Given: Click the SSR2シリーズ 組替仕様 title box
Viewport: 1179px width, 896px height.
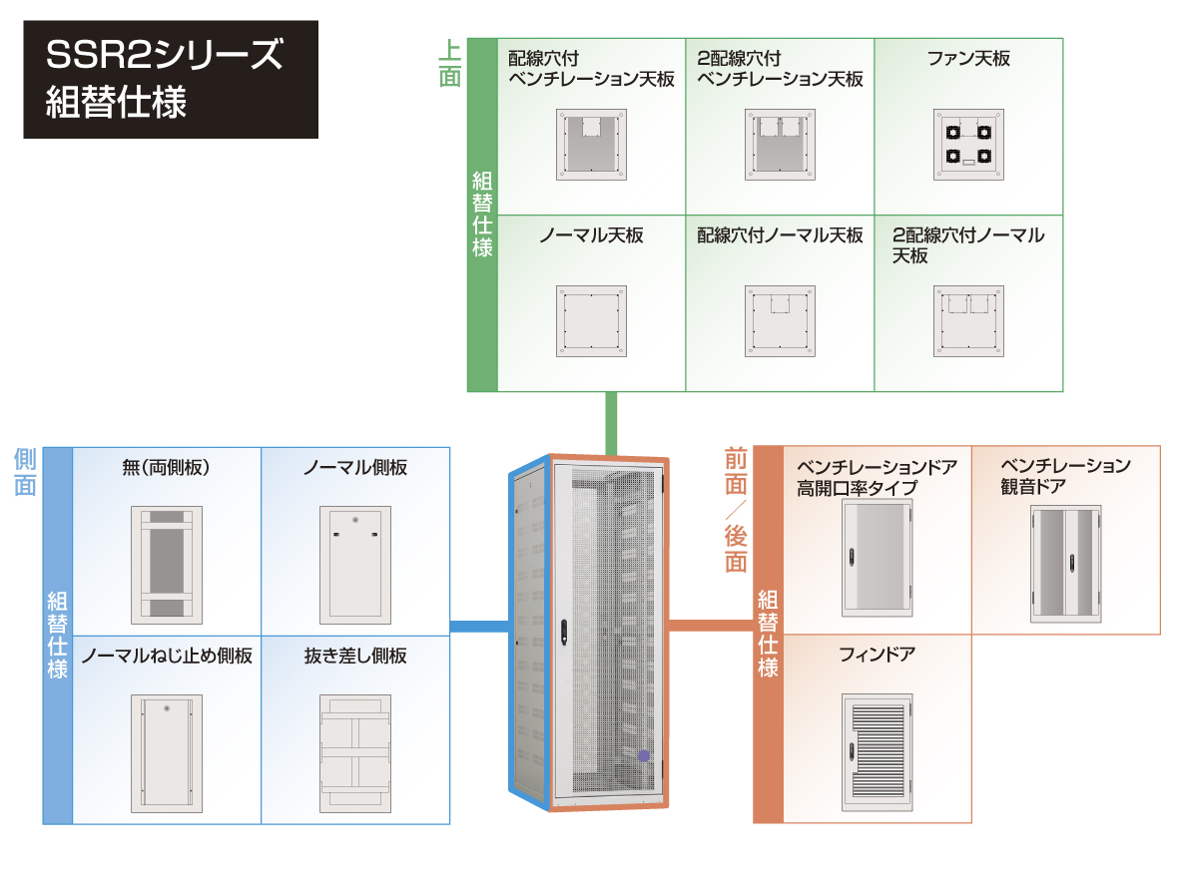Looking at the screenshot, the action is (171, 79).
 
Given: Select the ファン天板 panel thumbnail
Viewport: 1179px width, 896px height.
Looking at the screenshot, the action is (968, 145).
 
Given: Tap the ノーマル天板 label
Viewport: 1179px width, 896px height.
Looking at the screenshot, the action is (591, 235).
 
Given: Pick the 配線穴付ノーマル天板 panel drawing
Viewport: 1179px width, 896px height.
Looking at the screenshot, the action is (780, 321).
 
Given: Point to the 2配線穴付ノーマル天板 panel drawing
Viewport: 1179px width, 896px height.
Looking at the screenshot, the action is (968, 321).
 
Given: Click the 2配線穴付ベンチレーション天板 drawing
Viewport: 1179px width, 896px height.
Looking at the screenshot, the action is (780, 145).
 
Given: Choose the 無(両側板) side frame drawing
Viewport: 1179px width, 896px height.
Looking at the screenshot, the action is (167, 566).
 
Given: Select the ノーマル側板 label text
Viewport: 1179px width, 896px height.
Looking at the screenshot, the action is (355, 468).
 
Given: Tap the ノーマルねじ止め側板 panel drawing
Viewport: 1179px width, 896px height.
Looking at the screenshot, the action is (167, 753).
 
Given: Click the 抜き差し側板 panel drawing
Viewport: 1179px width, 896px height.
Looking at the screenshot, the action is (355, 753).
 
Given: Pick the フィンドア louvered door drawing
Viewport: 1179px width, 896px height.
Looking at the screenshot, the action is (878, 751).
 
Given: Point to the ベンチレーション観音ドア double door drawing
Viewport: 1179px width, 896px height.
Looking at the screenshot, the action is (1066, 564).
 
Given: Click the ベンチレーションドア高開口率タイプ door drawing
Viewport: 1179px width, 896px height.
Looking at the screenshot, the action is (878, 559).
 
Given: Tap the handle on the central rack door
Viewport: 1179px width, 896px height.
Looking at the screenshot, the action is (564, 633).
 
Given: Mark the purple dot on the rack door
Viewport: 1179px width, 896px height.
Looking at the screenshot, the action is (644, 755).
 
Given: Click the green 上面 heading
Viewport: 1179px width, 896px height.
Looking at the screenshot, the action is (449, 64).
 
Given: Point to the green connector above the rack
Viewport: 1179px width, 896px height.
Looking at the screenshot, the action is (611, 424).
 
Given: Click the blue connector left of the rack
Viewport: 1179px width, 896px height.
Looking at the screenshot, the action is (480, 627).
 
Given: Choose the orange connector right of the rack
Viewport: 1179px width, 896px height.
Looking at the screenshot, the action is (711, 626).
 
